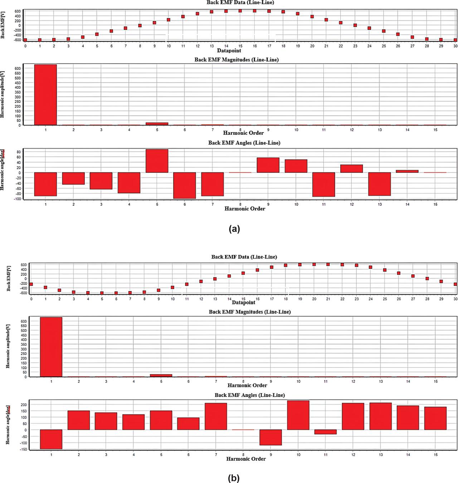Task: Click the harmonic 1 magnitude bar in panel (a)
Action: click(45, 95)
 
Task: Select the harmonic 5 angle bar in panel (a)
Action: click(157, 161)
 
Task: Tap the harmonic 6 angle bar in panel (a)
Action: click(185, 185)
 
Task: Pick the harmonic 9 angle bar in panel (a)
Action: click(268, 165)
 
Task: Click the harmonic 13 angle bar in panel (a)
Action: click(380, 184)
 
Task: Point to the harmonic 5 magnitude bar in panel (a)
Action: click(157, 124)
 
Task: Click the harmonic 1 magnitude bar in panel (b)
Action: click(51, 347)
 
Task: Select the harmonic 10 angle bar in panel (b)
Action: click(298, 415)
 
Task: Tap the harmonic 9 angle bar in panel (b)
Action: click(271, 437)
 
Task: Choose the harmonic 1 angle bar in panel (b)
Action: click(51, 439)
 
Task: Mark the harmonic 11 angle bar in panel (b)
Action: click(326, 432)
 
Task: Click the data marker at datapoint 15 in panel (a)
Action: click(240, 11)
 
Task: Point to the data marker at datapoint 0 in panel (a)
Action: click(25, 40)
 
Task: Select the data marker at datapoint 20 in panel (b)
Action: click(314, 264)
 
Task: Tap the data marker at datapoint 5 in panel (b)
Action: click(102, 293)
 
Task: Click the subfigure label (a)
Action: click(234, 229)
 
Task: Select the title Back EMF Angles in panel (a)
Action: click(244, 143)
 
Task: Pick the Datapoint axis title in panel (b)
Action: click(243, 302)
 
